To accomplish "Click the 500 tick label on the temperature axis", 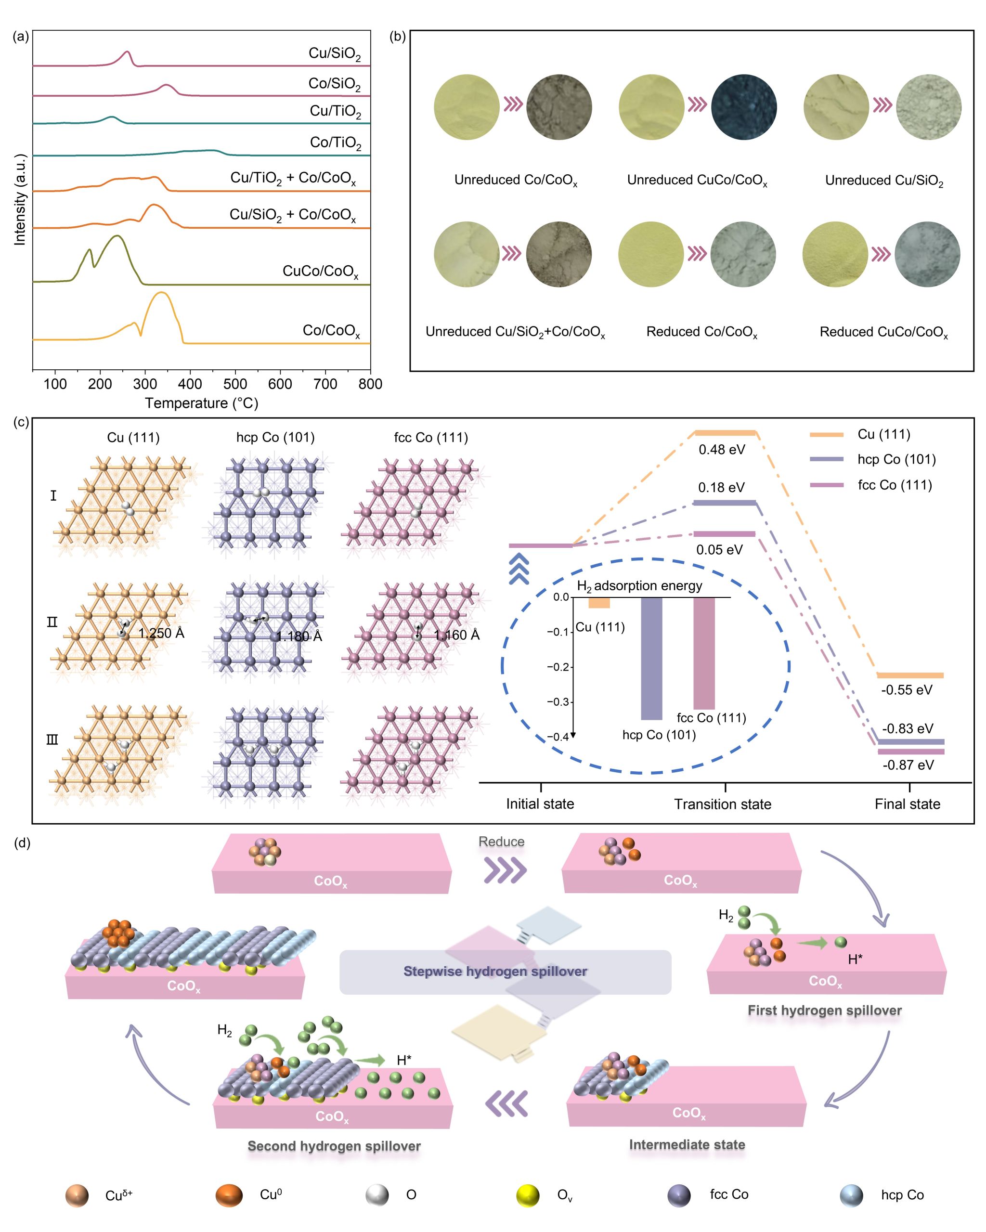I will [235, 384].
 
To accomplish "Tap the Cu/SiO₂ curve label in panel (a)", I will [335, 54].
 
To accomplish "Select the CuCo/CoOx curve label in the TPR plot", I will [320, 272].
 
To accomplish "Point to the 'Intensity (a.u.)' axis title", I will [20, 199].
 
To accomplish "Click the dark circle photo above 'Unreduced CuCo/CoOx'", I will [744, 107].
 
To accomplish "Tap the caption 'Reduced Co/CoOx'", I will [701, 332].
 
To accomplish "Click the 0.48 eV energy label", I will [721, 450].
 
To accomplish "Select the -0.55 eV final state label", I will [907, 690].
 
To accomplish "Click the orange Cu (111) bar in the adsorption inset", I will [599, 603].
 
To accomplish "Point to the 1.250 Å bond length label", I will [161, 633].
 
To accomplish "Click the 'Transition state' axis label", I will [723, 804].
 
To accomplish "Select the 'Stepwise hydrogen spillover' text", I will [495, 972].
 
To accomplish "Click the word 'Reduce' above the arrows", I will [501, 842].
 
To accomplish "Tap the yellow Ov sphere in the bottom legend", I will [528, 1195].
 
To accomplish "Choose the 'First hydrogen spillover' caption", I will [824, 1010].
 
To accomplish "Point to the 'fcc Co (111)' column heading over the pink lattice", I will [431, 438].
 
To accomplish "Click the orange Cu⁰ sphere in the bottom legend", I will [229, 1195].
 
